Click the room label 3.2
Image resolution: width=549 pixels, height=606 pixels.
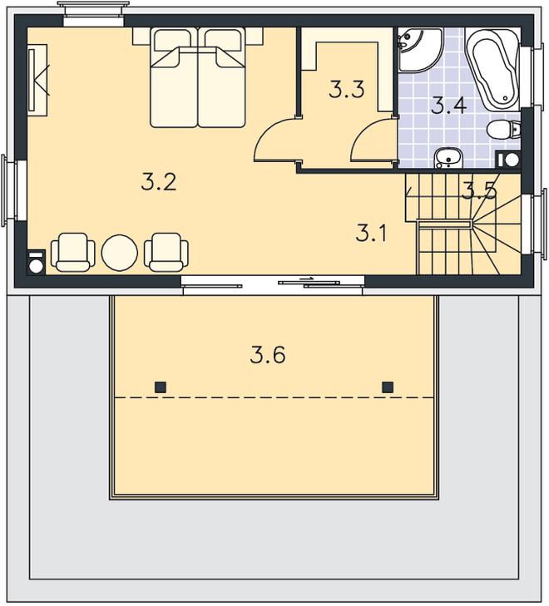159,182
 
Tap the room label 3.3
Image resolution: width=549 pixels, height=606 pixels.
347,89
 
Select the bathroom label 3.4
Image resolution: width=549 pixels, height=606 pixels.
449,106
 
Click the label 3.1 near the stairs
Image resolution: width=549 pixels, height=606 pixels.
371,233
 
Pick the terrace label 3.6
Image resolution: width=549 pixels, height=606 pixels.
268,355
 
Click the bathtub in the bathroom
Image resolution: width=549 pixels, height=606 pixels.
492,69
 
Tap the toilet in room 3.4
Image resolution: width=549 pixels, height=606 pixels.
503,129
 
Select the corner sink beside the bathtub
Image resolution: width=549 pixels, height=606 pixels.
420,50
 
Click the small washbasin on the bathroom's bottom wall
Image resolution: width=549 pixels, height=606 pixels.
448,159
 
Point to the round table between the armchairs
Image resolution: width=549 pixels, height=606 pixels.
120,253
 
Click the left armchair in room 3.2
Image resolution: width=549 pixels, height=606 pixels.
72,252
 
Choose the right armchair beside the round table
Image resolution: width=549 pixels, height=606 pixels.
166,252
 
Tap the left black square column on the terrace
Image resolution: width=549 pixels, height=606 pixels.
160,387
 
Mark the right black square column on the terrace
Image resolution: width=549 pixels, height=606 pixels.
388,387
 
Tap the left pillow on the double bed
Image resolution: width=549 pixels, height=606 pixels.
173,41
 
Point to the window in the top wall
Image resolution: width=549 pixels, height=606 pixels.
93,14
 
